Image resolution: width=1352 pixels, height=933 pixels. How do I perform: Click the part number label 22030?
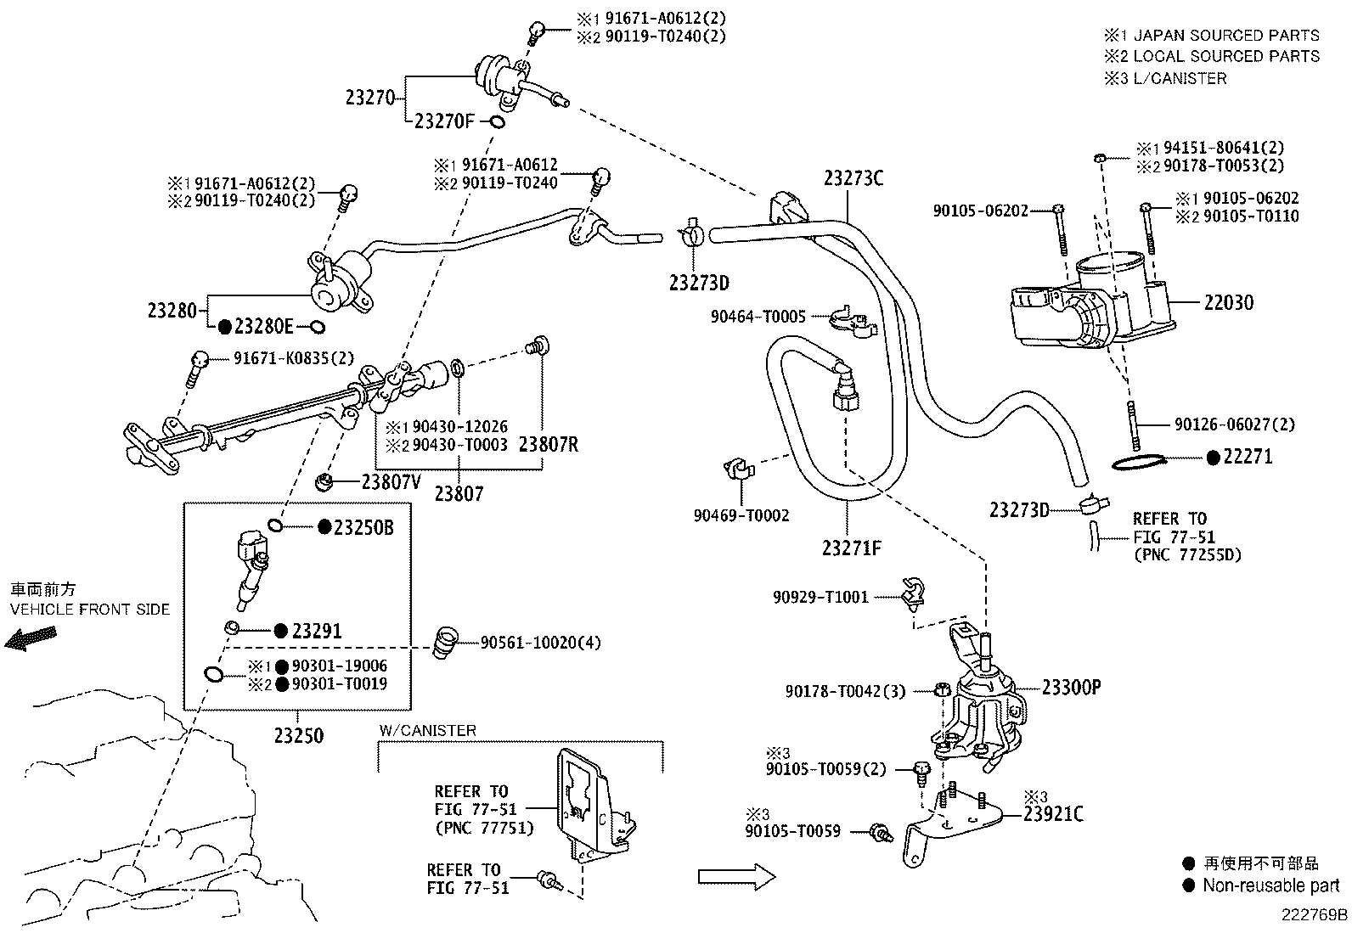click(x=1228, y=302)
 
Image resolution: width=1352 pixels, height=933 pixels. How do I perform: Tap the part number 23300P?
click(x=1072, y=688)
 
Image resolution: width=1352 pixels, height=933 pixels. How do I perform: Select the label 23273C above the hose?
click(x=853, y=178)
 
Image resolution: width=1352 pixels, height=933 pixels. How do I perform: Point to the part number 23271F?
click(x=852, y=548)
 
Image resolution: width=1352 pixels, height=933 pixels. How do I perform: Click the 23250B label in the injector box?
click(x=363, y=527)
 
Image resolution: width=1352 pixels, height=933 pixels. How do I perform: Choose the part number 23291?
click(x=317, y=632)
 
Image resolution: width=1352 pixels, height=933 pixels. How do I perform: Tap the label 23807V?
click(x=392, y=481)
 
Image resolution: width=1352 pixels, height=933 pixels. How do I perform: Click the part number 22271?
click(x=1248, y=457)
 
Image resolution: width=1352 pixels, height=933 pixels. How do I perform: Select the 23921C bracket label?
click(x=1053, y=814)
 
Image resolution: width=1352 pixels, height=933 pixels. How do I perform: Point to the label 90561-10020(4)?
click(x=541, y=642)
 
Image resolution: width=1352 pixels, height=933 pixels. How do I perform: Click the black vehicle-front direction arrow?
click(x=31, y=638)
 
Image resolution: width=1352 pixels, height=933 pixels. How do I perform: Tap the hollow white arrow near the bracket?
click(x=736, y=876)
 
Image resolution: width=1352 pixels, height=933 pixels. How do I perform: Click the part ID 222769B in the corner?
click(x=1315, y=915)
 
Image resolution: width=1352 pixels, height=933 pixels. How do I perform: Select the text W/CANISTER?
click(x=428, y=730)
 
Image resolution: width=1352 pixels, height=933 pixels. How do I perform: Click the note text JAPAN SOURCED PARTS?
click(x=1226, y=35)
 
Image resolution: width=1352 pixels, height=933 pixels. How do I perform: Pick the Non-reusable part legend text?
click(x=1271, y=885)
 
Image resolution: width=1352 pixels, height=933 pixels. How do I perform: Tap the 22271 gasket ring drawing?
click(x=1138, y=464)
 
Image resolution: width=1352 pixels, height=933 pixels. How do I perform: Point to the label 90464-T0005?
click(x=758, y=316)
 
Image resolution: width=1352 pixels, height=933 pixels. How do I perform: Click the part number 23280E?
click(x=264, y=327)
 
